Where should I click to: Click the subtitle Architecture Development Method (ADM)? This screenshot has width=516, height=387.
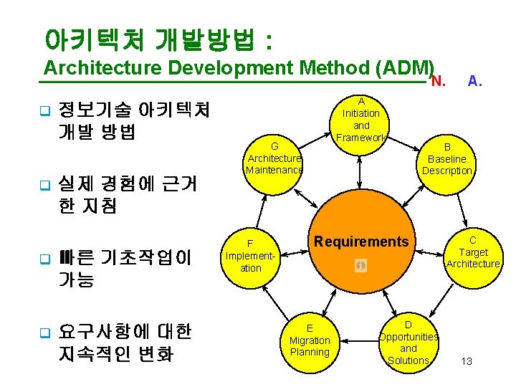coord(239,68)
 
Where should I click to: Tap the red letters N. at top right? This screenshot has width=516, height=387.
coord(438,80)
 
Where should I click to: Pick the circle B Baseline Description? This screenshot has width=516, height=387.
coord(446,158)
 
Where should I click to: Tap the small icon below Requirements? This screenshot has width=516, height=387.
coord(360,266)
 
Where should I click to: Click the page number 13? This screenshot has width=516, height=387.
coord(467,361)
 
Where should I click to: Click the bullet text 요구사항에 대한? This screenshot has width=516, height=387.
coord(125,332)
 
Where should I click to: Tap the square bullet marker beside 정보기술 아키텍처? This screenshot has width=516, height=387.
coord(43,112)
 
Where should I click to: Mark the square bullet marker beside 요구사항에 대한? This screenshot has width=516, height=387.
coord(43,333)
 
